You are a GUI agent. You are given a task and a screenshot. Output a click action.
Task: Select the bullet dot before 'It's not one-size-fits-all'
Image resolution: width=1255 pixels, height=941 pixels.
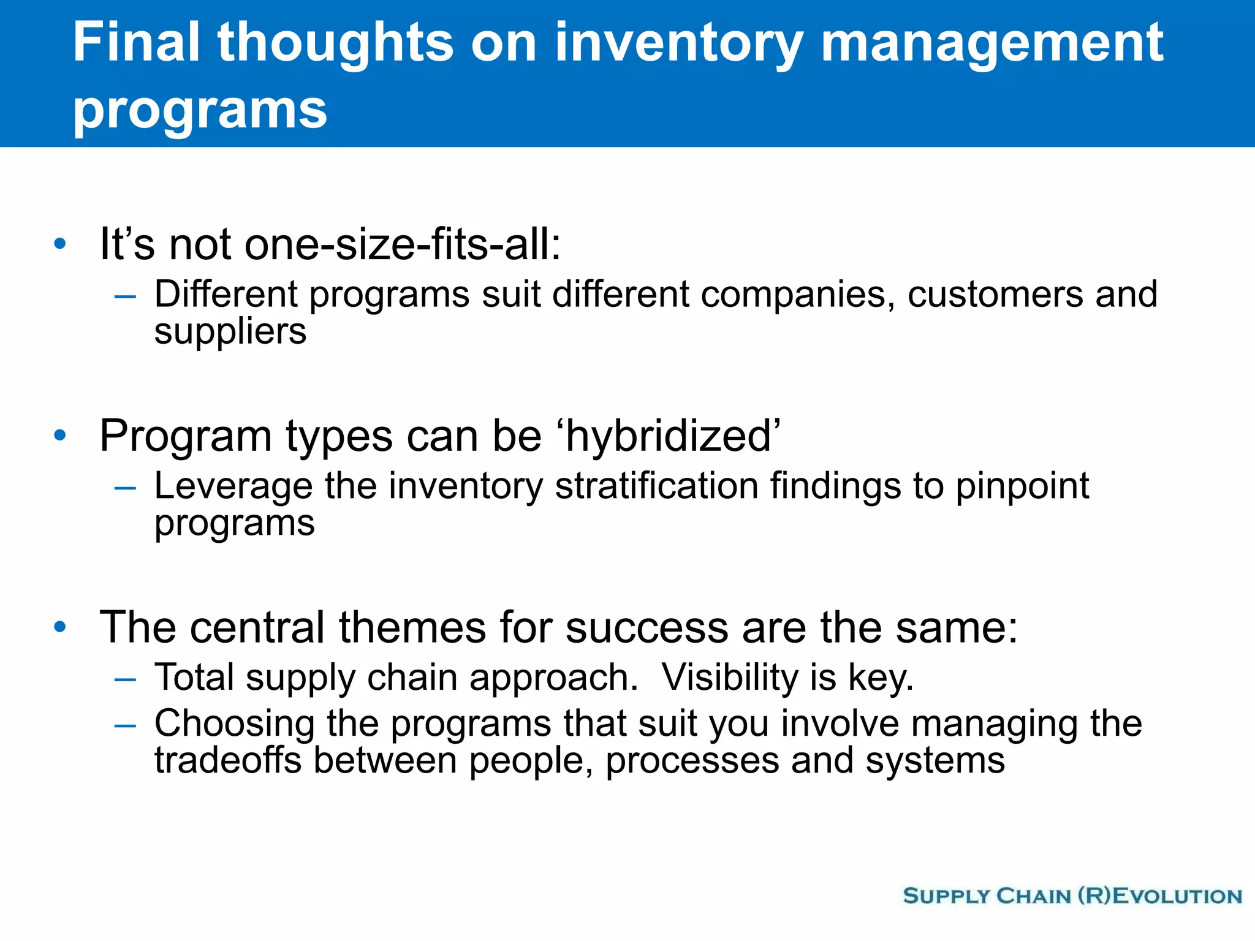coord(59,244)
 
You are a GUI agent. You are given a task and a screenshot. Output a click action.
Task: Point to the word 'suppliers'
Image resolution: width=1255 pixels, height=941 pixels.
coord(230,333)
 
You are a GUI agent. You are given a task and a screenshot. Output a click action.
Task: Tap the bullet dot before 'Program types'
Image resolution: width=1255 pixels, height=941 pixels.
coord(59,436)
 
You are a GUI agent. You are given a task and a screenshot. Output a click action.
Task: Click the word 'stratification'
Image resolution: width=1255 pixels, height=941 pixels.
coord(656,486)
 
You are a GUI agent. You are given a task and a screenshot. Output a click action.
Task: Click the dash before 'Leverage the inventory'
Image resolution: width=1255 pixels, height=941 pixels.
coord(125,488)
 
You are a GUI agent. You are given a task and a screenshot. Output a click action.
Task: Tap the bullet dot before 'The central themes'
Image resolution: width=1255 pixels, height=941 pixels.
coord(59,627)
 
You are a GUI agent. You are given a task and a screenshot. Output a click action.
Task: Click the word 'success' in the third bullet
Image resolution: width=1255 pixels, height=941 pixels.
coord(646,628)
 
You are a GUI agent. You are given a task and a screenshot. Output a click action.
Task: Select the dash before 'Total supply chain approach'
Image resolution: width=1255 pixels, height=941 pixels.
coord(125,679)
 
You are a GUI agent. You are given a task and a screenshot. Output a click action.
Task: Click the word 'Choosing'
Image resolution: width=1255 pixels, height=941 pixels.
coord(234,724)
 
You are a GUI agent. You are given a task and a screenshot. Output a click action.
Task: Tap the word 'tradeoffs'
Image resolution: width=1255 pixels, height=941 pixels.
coord(228,760)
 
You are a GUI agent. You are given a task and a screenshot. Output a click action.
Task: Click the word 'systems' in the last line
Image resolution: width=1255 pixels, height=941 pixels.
coord(935,761)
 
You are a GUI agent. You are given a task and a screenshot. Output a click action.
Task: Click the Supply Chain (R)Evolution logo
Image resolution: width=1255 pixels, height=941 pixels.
coord(1072,896)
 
